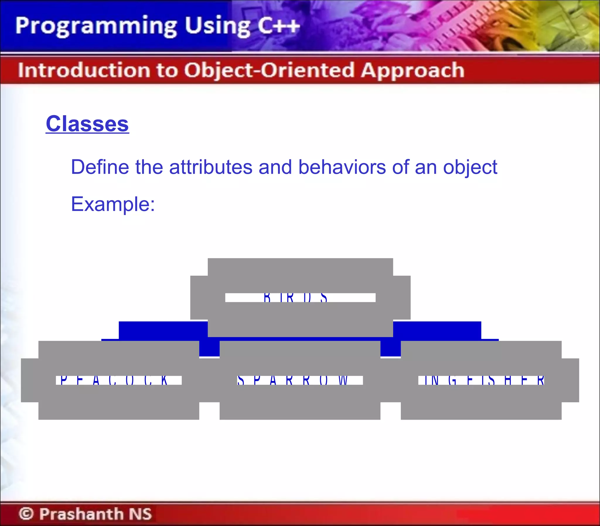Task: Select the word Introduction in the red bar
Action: pyautogui.click(x=83, y=70)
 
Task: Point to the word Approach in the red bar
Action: pyautogui.click(x=412, y=70)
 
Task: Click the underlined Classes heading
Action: pyautogui.click(x=87, y=124)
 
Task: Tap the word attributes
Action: pyautogui.click(x=210, y=167)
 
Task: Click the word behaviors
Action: pyautogui.click(x=342, y=167)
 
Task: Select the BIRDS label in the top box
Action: pyautogui.click(x=295, y=297)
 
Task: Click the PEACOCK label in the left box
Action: pyautogui.click(x=114, y=380)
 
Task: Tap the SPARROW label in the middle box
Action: pyautogui.click(x=292, y=380)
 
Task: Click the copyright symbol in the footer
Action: pyautogui.click(x=26, y=513)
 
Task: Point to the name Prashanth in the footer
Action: pyautogui.click(x=81, y=513)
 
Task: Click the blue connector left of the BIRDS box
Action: pyautogui.click(x=163, y=331)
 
